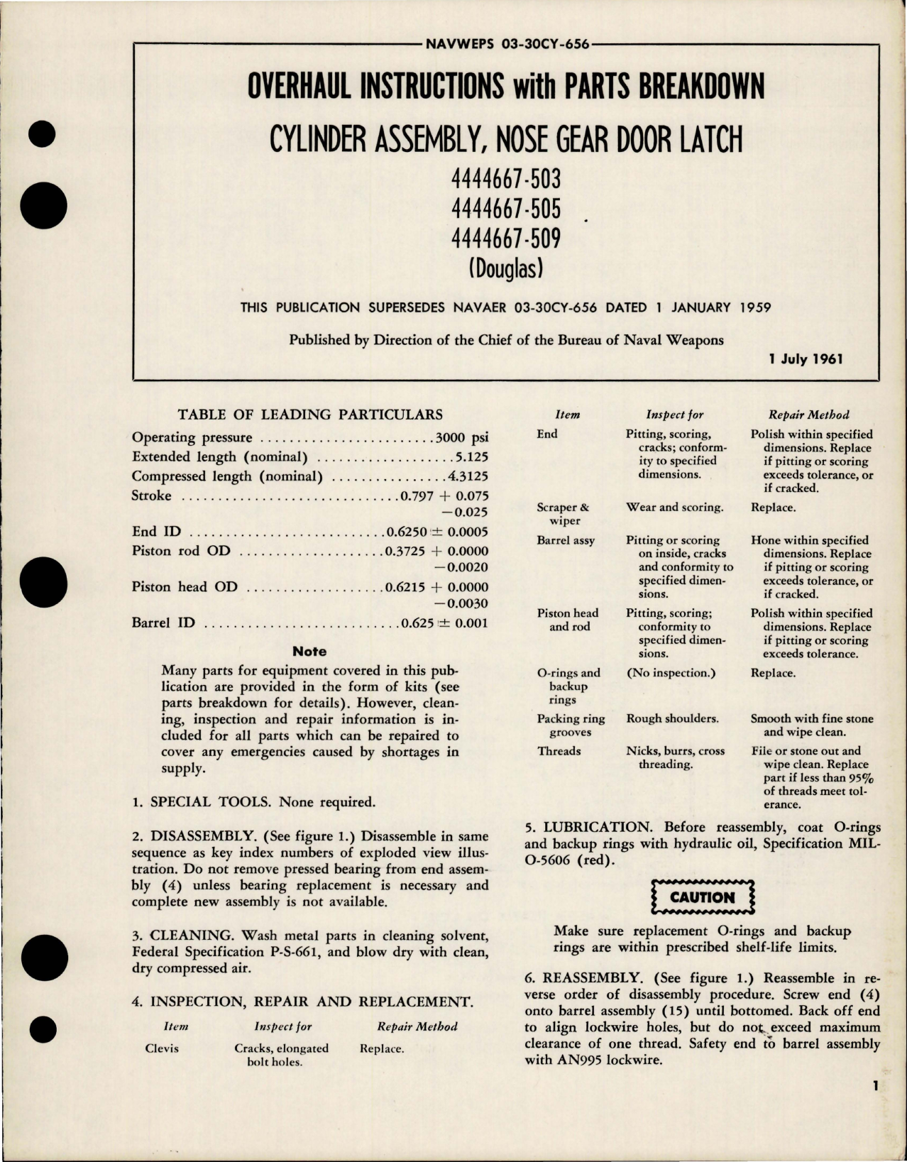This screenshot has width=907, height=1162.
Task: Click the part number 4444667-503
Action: coord(505,177)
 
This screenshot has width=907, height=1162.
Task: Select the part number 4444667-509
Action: coord(505,238)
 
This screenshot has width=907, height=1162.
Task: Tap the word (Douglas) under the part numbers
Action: coord(505,268)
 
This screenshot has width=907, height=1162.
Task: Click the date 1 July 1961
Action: coord(806,359)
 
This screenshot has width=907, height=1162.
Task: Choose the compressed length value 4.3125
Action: coord(468,476)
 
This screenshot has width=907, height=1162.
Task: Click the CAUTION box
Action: coord(702,897)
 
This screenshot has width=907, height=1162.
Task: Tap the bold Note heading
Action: coord(309,651)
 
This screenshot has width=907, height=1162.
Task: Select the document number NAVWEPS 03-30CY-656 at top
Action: coord(507,44)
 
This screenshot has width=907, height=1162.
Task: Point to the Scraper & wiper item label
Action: coord(565,514)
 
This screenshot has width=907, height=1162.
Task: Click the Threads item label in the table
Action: coord(559,751)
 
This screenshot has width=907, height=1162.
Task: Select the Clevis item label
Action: coord(162,1048)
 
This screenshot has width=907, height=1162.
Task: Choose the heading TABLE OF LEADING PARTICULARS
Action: coord(309,415)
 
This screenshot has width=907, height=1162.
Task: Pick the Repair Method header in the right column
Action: coord(808,415)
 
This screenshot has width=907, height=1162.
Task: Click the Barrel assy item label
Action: coord(566,541)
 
